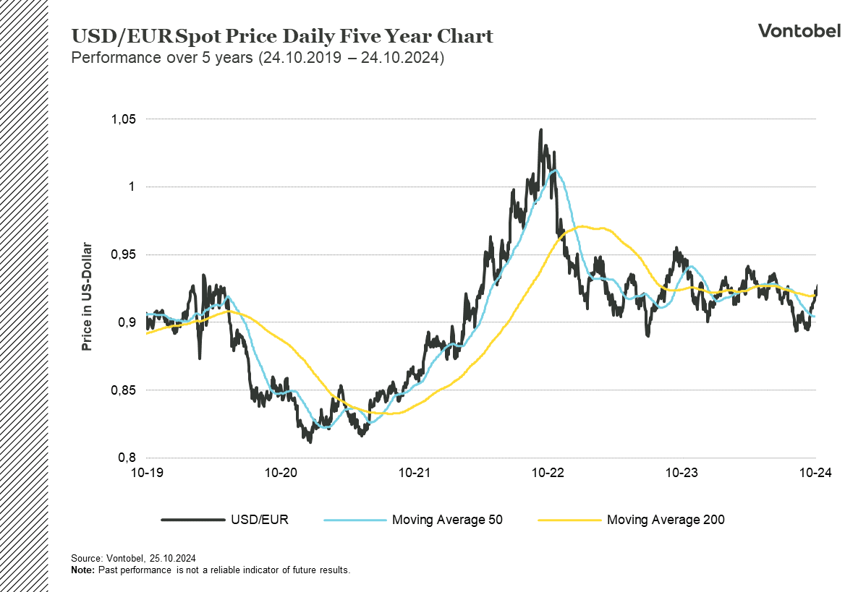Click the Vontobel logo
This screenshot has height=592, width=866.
tap(799, 30)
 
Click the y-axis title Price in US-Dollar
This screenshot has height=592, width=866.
tap(87, 296)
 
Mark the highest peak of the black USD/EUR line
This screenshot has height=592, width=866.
tap(540, 131)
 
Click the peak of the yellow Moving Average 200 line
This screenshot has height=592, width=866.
tap(583, 226)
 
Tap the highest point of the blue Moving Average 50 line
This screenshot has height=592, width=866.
tap(554, 171)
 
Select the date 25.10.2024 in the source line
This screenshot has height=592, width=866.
tap(173, 559)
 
